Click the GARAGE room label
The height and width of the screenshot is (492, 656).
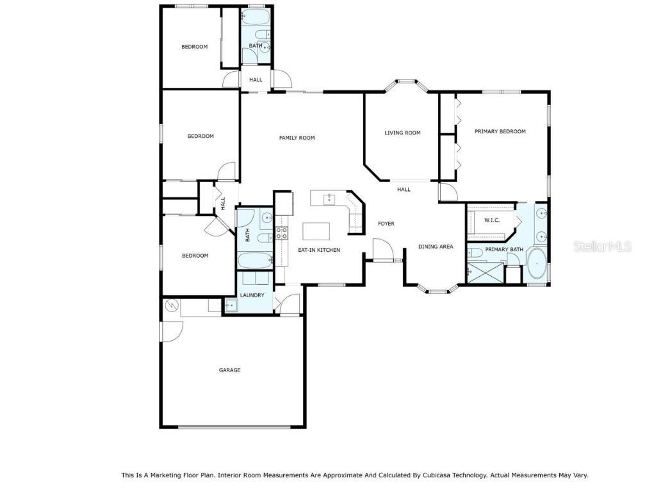[229, 370]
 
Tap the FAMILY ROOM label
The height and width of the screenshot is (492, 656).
[297, 138]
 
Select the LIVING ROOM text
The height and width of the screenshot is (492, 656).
[402, 133]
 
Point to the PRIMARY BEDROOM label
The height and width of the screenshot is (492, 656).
[500, 131]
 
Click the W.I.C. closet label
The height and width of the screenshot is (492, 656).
[491, 220]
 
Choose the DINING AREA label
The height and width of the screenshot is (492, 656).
[436, 246]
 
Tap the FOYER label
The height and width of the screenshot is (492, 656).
[386, 224]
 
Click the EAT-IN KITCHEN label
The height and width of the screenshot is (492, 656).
[318, 250]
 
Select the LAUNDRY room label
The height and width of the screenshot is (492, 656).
[252, 295]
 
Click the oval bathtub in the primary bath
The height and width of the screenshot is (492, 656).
[537, 265]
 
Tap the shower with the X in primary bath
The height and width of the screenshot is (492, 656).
[484, 273]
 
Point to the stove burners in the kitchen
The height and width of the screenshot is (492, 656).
[281, 233]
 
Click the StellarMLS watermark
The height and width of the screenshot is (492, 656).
[602, 246]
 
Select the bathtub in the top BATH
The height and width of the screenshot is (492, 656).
[256, 17]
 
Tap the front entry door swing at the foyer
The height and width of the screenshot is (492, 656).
[382, 250]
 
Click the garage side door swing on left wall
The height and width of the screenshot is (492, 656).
[172, 331]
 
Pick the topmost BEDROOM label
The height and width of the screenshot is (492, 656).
[194, 46]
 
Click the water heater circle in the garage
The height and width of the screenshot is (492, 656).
[171, 306]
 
